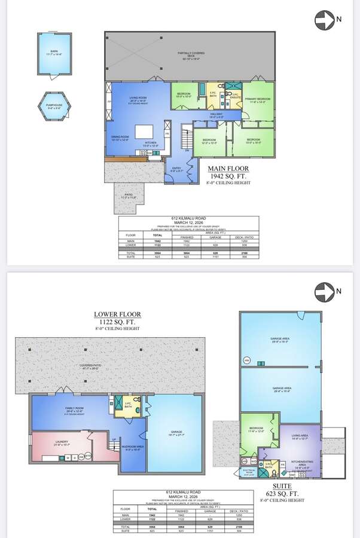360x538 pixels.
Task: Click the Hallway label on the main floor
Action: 216,115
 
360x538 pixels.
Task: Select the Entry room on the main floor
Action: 177,169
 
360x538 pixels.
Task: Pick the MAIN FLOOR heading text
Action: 228,169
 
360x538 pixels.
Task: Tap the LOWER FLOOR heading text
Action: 117,314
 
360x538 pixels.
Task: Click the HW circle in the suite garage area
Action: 246,360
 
